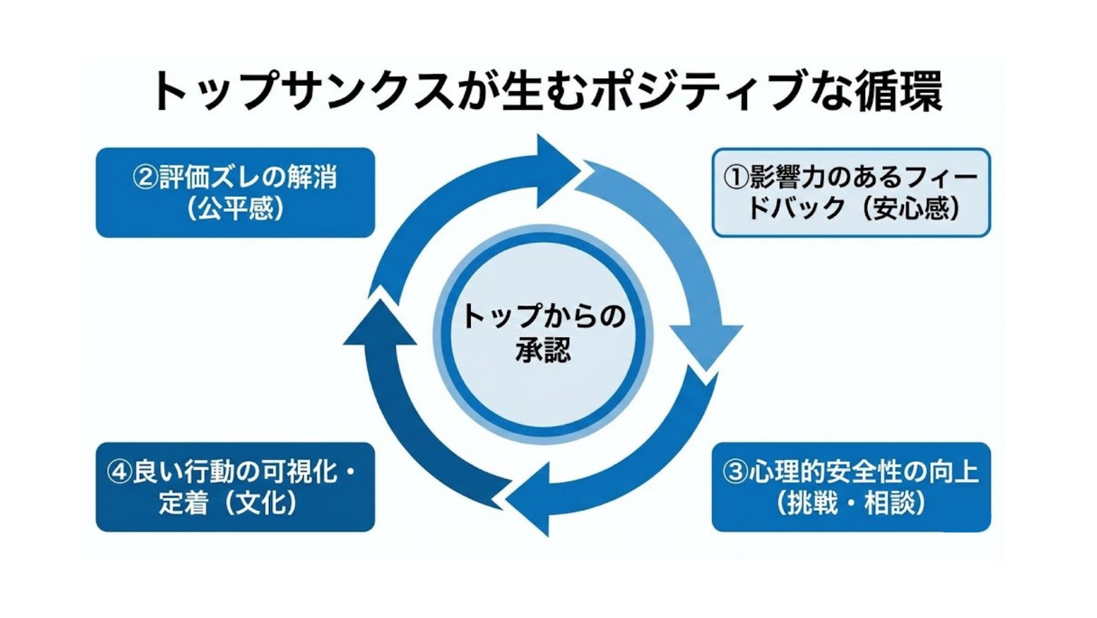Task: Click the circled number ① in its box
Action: tap(736, 178)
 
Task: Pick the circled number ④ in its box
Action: tap(119, 472)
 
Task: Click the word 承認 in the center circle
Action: tap(543, 350)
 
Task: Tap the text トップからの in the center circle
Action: tap(543, 316)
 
